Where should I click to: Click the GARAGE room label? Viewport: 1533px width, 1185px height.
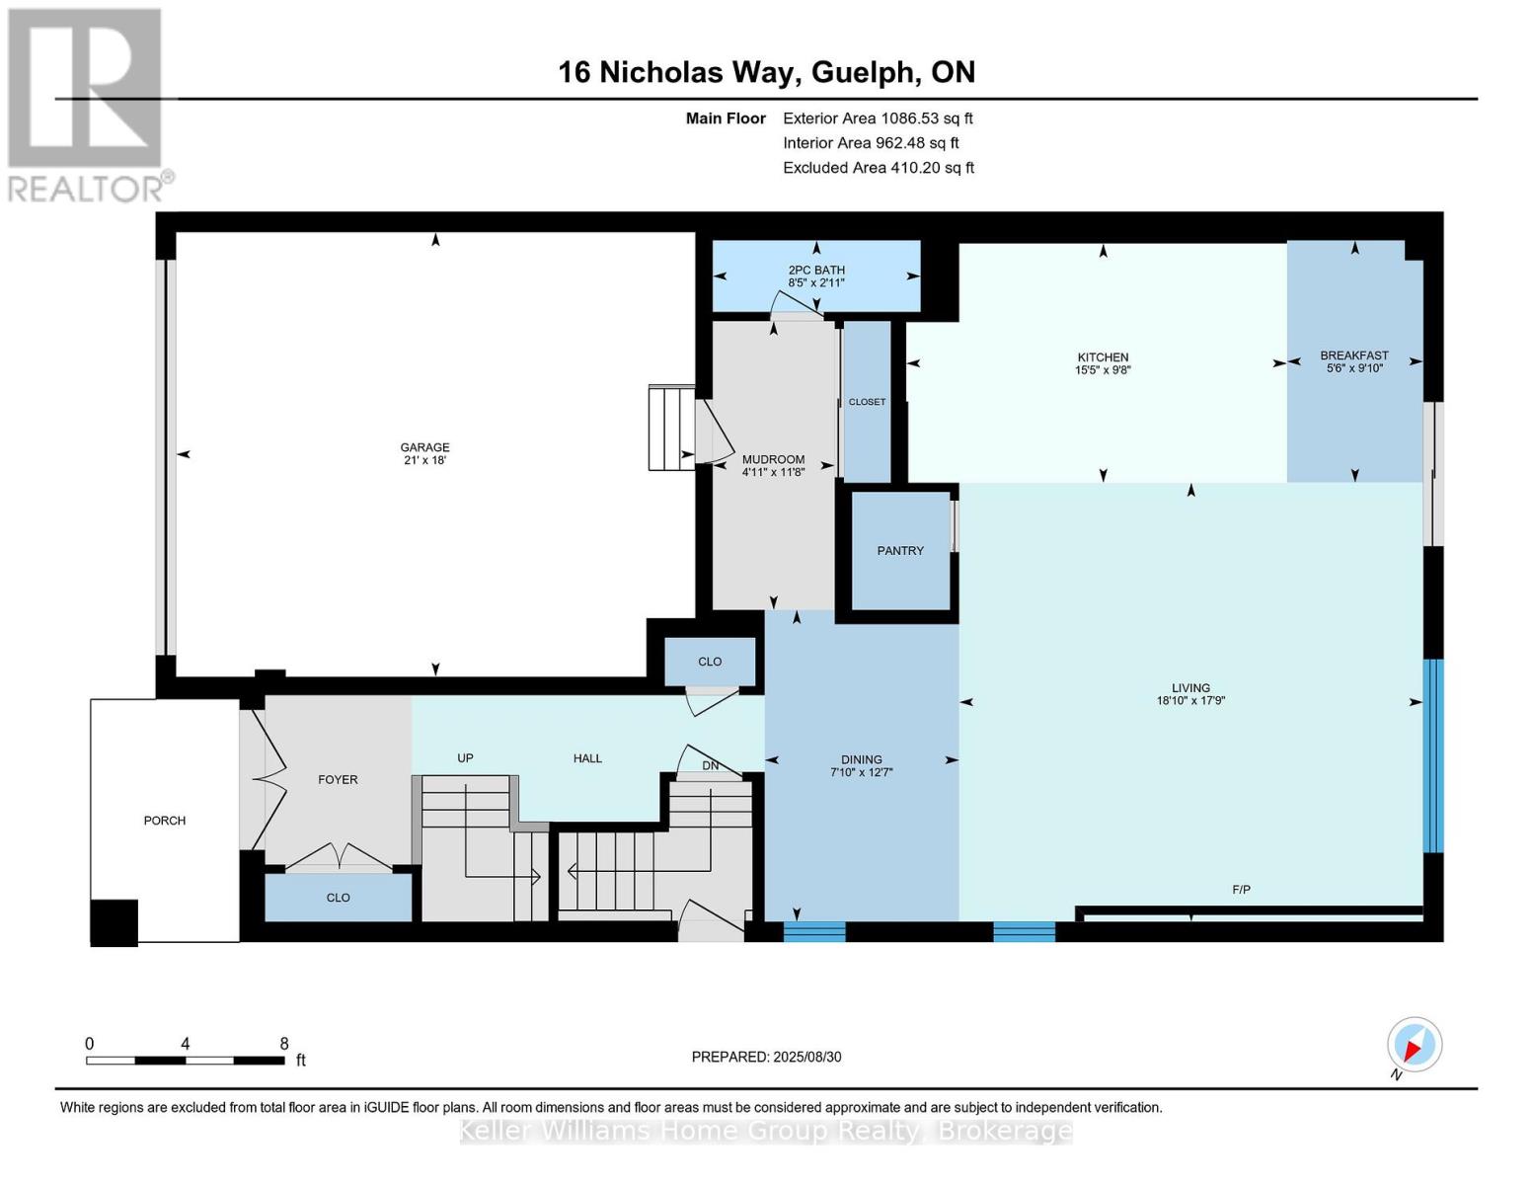424,447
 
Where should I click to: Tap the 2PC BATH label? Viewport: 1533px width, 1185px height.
816,270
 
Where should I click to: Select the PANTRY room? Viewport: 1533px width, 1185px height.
900,551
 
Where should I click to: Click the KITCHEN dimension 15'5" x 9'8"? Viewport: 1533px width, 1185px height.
1103,371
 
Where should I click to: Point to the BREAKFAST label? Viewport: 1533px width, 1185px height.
1354,355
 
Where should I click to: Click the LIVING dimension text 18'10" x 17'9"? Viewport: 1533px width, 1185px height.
1190,701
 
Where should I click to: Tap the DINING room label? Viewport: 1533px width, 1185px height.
862,759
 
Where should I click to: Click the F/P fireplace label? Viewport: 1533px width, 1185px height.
1241,890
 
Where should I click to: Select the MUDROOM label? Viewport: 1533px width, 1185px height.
773,459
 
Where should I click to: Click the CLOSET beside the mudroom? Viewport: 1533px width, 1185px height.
867,402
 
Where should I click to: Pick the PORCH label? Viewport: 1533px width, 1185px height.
164,821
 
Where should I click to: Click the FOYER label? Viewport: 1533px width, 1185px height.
338,779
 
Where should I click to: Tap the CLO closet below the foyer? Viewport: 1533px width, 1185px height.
338,898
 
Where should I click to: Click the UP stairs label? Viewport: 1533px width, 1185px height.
465,758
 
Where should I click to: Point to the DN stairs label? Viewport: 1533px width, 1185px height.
710,765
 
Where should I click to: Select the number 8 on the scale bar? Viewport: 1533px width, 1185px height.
284,1044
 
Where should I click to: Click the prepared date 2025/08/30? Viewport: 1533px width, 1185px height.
806,1057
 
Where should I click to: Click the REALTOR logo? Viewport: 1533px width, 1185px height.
87,104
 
